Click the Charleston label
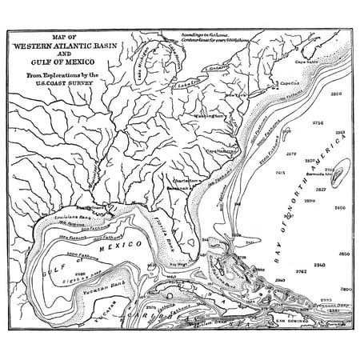coord(186,181)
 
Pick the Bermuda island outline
coord(339,171)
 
